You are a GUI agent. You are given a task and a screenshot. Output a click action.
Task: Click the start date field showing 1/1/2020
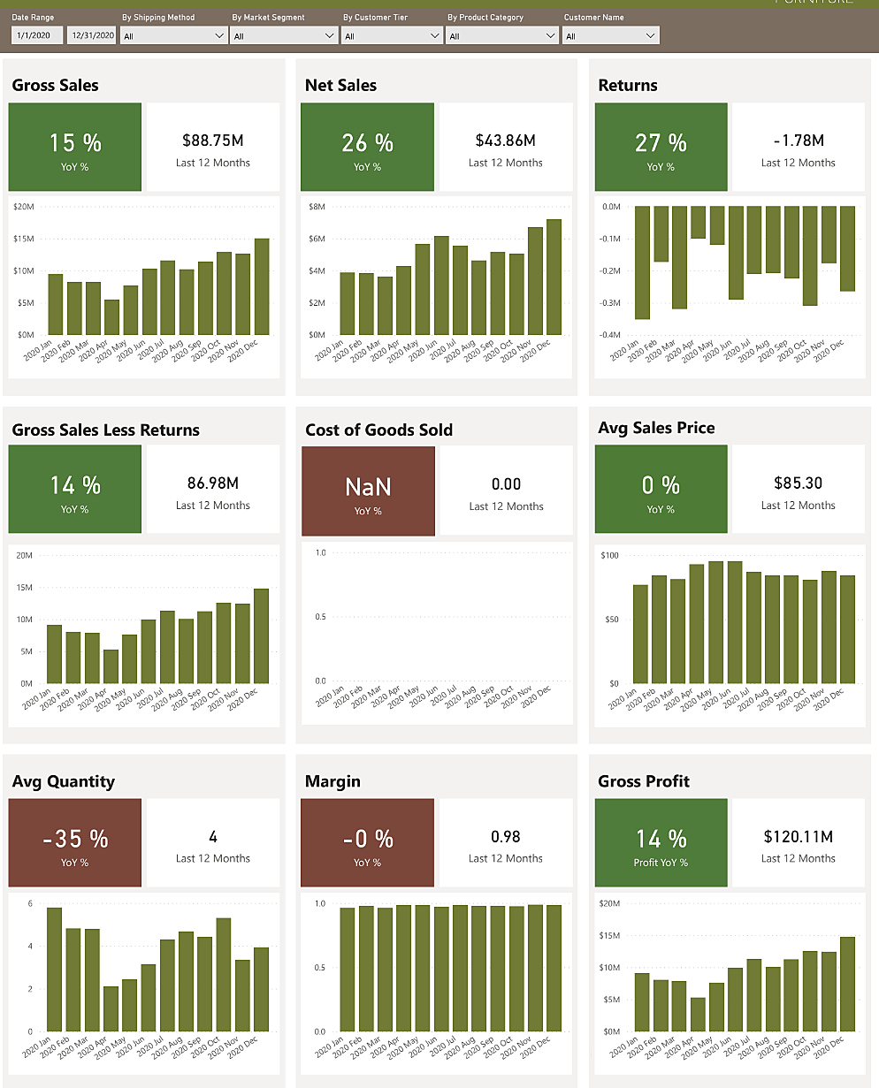click(37, 36)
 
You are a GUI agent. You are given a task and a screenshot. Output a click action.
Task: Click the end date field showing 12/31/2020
click(92, 36)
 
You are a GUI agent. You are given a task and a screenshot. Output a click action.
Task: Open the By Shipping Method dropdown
click(173, 36)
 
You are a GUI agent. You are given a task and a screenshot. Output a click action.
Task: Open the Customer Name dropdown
click(611, 36)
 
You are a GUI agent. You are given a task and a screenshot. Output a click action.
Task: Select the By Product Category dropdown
click(502, 36)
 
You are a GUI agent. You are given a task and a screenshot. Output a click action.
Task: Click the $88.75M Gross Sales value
click(212, 140)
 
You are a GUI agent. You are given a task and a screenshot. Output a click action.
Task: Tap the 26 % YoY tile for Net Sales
click(367, 147)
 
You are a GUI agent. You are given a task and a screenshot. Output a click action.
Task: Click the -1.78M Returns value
click(798, 140)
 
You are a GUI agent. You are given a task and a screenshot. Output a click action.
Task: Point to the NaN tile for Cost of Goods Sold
click(368, 491)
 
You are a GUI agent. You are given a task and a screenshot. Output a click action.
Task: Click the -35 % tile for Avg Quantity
click(74, 842)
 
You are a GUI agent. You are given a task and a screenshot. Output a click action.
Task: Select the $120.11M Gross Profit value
click(798, 836)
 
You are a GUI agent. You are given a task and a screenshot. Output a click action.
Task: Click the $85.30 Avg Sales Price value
click(798, 483)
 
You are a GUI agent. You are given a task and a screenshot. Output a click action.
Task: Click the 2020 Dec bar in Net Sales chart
click(554, 277)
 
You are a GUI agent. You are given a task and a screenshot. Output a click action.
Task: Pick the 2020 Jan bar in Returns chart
click(642, 262)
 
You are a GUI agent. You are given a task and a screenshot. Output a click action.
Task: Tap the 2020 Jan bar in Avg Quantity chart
click(55, 969)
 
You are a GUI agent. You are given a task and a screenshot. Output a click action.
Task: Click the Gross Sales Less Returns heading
click(106, 430)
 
